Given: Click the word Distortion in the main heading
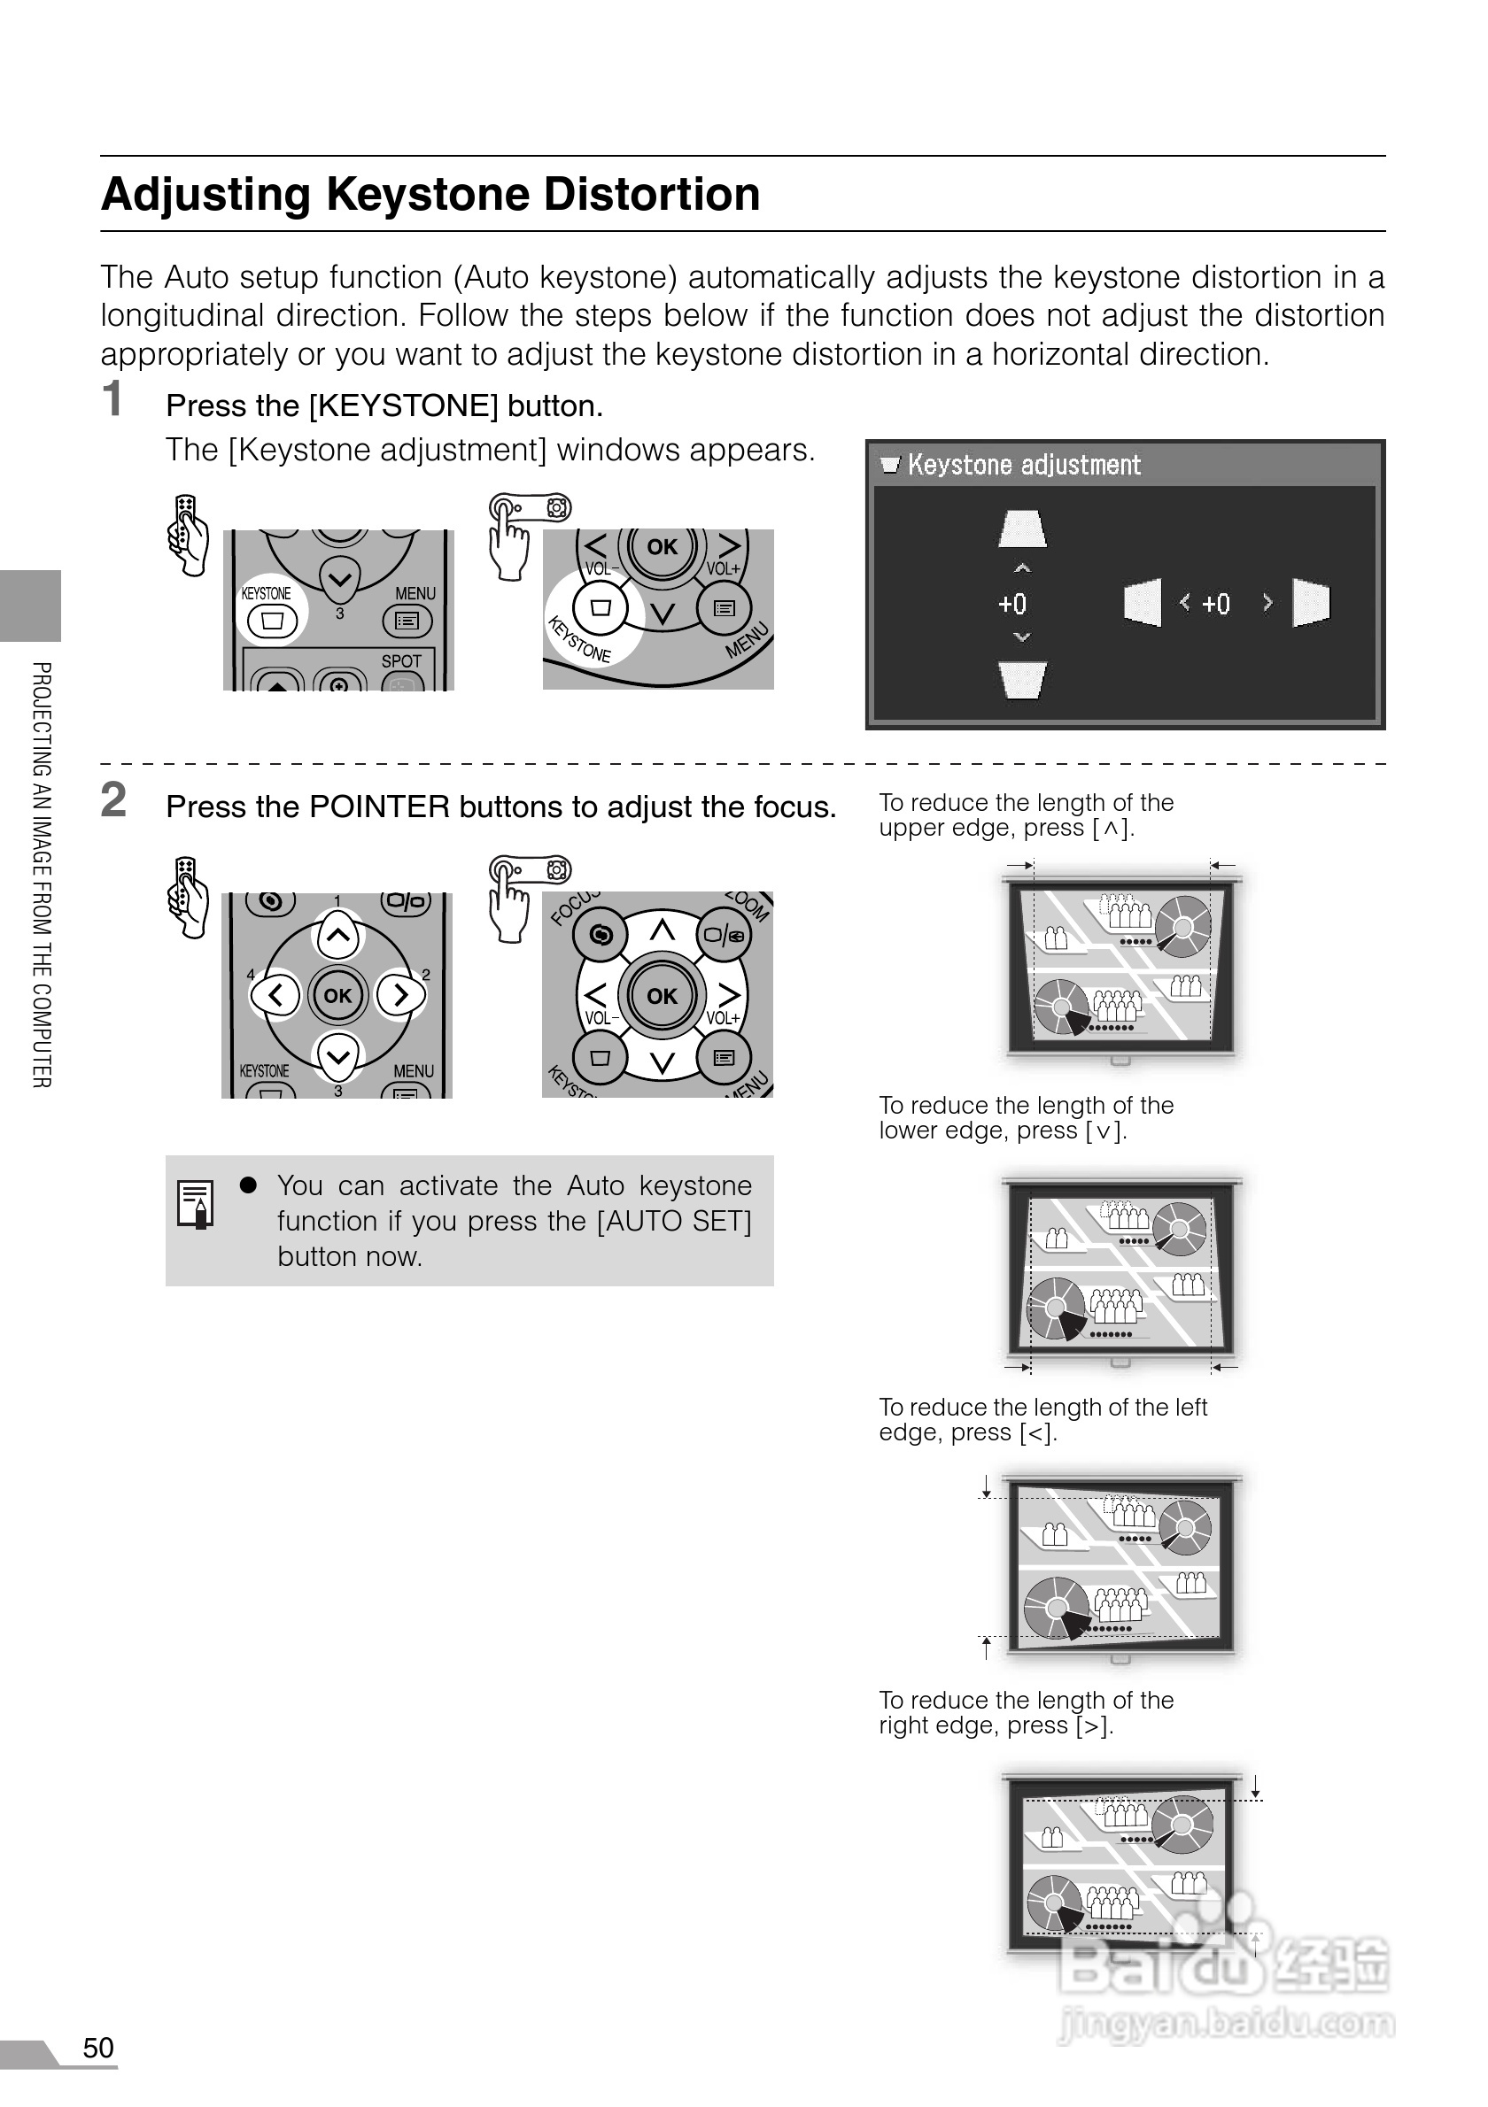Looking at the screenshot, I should tap(651, 195).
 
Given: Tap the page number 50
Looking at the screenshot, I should tap(98, 2048).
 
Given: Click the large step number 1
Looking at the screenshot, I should tap(112, 400).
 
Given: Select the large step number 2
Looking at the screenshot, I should tap(112, 800).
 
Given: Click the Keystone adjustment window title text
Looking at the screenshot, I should tap(1024, 466).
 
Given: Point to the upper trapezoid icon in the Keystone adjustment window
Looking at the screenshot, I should tap(1023, 529).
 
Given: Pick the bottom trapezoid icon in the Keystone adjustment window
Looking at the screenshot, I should tap(1023, 680).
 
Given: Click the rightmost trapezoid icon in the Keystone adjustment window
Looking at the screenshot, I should tap(1311, 603).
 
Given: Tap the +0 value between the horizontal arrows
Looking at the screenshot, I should tap(1215, 604).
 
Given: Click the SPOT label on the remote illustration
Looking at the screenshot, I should tap(401, 660).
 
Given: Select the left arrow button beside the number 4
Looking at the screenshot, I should tap(275, 995).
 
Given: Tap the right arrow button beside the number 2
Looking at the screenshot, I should tap(400, 995).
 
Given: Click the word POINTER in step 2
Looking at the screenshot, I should tap(379, 807).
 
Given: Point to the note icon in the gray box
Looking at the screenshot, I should tap(195, 1203).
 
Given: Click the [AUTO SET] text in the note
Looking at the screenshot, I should tap(674, 1222).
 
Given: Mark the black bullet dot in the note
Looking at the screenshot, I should tap(248, 1185).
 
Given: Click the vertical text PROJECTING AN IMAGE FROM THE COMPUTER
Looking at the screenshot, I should tap(42, 875).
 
